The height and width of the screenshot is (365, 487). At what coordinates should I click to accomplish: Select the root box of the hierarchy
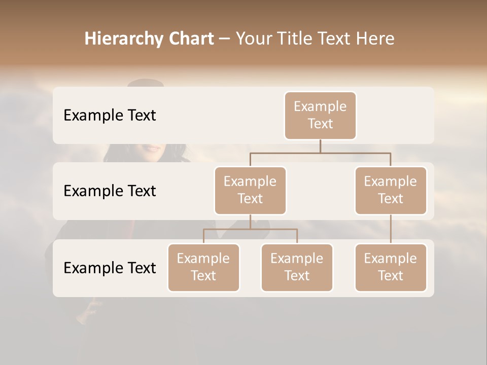pyautogui.click(x=320, y=116)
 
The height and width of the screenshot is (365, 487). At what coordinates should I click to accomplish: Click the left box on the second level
pyautogui.click(x=250, y=191)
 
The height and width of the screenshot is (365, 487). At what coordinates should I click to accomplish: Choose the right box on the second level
pyautogui.click(x=391, y=191)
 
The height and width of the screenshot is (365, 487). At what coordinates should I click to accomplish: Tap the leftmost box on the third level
pyautogui.click(x=203, y=268)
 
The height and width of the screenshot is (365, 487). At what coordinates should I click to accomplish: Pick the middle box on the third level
pyautogui.click(x=297, y=268)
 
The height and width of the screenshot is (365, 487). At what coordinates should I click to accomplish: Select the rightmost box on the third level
pyautogui.click(x=391, y=268)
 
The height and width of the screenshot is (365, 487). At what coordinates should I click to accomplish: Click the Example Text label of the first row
pyautogui.click(x=110, y=116)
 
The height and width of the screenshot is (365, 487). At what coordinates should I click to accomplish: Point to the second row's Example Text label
pyautogui.click(x=110, y=191)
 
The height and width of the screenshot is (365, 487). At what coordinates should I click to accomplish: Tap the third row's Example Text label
pyautogui.click(x=110, y=268)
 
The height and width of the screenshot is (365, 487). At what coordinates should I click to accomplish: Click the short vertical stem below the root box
pyautogui.click(x=320, y=146)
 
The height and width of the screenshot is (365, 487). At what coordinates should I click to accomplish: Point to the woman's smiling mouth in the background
pyautogui.click(x=151, y=149)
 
